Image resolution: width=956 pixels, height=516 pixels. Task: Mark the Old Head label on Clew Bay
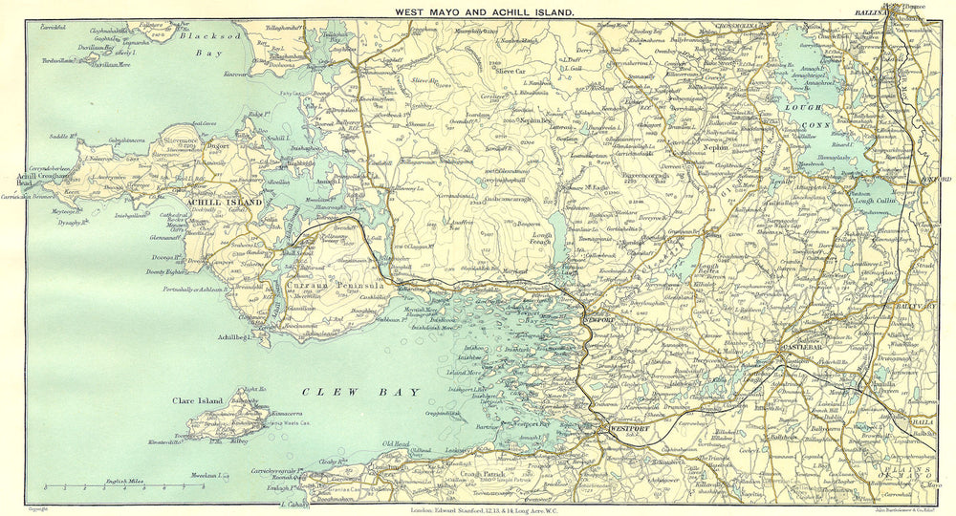pyautogui.click(x=395, y=444)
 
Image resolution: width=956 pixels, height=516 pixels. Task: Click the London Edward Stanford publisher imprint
pyautogui.click(x=478, y=509)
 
